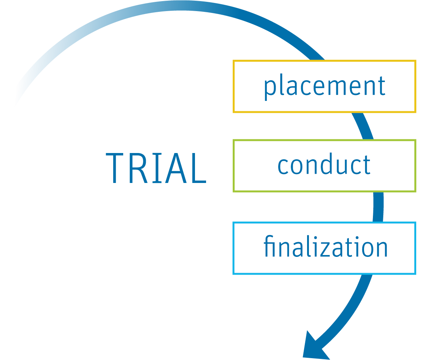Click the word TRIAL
click(156, 169)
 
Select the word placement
click(324, 86)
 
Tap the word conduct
click(324, 165)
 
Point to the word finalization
click(325, 247)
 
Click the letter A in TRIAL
click(175, 169)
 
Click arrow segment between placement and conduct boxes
click(363, 126)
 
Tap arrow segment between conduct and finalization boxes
click(378, 207)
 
